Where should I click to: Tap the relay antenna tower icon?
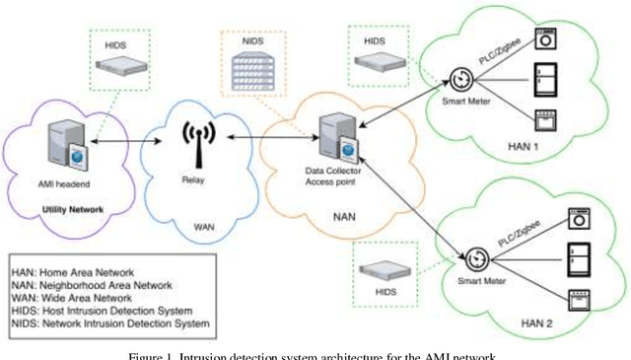coord(195,144)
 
